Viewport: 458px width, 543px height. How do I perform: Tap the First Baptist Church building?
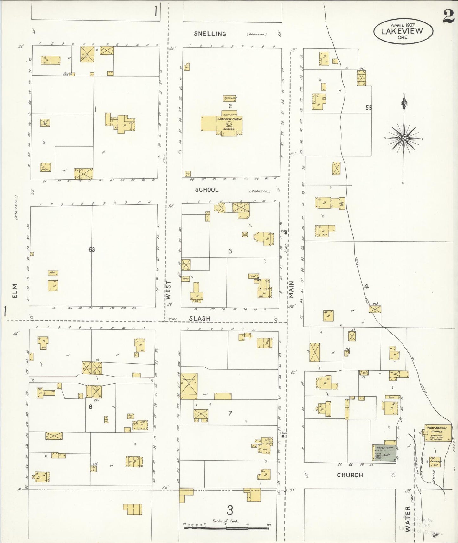[x=438, y=433]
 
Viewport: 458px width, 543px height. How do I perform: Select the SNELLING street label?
[x=210, y=34]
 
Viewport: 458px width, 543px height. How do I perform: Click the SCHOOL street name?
[x=207, y=190]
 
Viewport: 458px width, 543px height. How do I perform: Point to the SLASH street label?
[x=200, y=318]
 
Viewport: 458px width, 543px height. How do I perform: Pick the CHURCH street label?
[x=350, y=475]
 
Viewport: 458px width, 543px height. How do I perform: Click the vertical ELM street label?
[x=15, y=291]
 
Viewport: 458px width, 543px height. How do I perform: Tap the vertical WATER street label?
[x=408, y=523]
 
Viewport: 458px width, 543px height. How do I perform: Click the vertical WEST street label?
[x=168, y=290]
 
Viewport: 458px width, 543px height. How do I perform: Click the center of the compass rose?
[x=403, y=138]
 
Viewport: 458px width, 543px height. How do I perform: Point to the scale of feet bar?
[x=226, y=528]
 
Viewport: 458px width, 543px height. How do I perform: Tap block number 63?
[x=92, y=250]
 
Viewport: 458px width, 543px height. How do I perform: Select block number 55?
[x=368, y=108]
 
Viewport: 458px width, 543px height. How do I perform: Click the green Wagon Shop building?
[x=384, y=453]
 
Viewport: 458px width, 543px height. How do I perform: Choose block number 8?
[x=90, y=406]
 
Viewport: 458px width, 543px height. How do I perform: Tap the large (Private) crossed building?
[x=189, y=386]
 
